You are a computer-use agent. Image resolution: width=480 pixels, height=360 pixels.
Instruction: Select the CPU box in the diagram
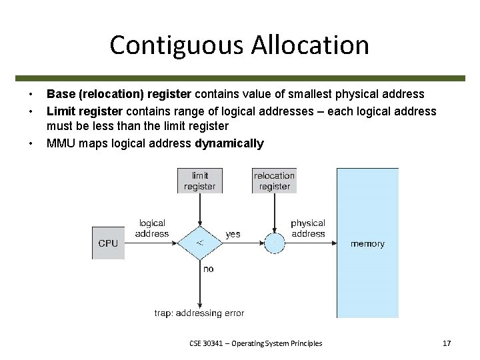pos(107,243)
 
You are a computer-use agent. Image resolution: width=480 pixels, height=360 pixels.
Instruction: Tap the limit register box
pos(199,181)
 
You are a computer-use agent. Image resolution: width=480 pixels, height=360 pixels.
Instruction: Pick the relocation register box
pos(274,181)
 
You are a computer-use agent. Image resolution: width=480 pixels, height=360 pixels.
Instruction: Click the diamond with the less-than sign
pos(199,243)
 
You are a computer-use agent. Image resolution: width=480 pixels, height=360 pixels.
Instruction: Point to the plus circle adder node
pos(274,243)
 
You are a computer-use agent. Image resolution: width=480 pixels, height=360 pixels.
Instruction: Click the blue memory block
pos(367,243)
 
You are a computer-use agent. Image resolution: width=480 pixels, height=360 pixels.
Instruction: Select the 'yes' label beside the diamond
pos(233,234)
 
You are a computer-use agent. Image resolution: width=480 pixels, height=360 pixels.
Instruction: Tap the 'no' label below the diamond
pos(208,269)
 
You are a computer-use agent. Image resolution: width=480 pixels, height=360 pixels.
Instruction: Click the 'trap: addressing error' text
pos(199,313)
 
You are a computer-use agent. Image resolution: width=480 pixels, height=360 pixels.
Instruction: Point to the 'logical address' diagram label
pos(152,228)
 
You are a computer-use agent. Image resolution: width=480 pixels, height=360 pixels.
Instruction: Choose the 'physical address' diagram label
pos(308,228)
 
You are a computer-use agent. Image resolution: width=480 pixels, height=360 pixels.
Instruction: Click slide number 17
pos(447,343)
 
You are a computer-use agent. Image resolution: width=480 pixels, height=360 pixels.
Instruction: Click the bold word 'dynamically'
pos(229,143)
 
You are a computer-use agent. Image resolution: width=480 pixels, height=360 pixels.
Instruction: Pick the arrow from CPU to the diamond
pos(150,243)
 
